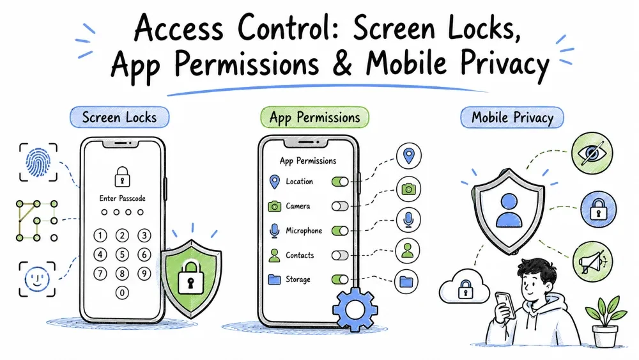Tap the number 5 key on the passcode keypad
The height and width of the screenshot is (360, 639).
click(x=122, y=254)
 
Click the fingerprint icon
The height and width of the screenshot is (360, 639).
click(x=38, y=162)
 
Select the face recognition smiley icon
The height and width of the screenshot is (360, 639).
click(x=37, y=279)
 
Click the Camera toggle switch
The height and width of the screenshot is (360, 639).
click(x=340, y=206)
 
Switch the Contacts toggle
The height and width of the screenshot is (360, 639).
click(x=340, y=255)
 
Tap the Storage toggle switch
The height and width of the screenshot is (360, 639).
click(x=340, y=279)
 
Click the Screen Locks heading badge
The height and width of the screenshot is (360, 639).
click(x=119, y=118)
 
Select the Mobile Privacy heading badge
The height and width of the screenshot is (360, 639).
click(x=512, y=118)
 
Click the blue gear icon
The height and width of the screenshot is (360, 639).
click(x=355, y=309)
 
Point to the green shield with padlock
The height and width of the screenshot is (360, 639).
click(x=191, y=279)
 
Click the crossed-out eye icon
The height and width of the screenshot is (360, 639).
click(x=592, y=153)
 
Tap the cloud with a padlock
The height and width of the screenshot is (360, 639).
click(x=465, y=286)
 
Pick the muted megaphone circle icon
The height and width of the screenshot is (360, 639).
click(x=592, y=262)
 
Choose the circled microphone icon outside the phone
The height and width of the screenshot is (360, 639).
click(x=408, y=220)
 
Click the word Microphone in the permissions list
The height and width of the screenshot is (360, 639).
click(x=304, y=231)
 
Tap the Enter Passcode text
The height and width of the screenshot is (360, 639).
click(x=122, y=198)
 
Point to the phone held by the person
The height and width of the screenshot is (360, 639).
click(x=505, y=304)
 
